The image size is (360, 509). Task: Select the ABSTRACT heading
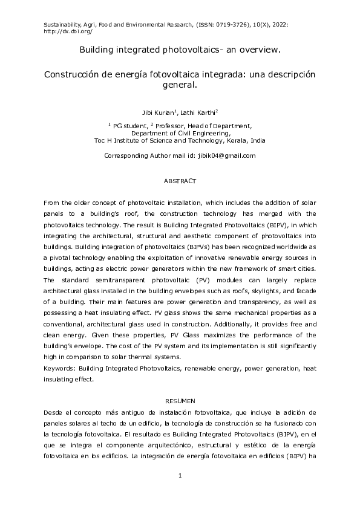[x=180, y=181]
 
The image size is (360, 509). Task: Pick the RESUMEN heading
[x=180, y=401]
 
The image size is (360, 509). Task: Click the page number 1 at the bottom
[x=180, y=476]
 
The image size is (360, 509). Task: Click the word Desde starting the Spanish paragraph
[x=53, y=411]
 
